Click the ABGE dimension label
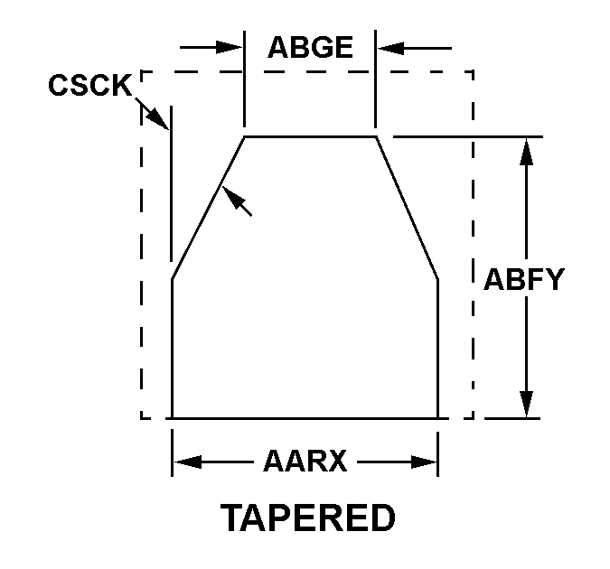(310, 47)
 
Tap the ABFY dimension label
(523, 279)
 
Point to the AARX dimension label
(305, 462)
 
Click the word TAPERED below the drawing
(308, 518)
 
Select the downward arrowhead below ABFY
(527, 404)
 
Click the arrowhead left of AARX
(186, 462)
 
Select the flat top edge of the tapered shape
(310, 136)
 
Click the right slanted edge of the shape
(408, 209)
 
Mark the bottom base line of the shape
(305, 418)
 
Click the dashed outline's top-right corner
(473, 71)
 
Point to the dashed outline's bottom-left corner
(142, 418)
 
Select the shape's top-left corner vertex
(245, 136)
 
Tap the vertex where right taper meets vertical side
(438, 280)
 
